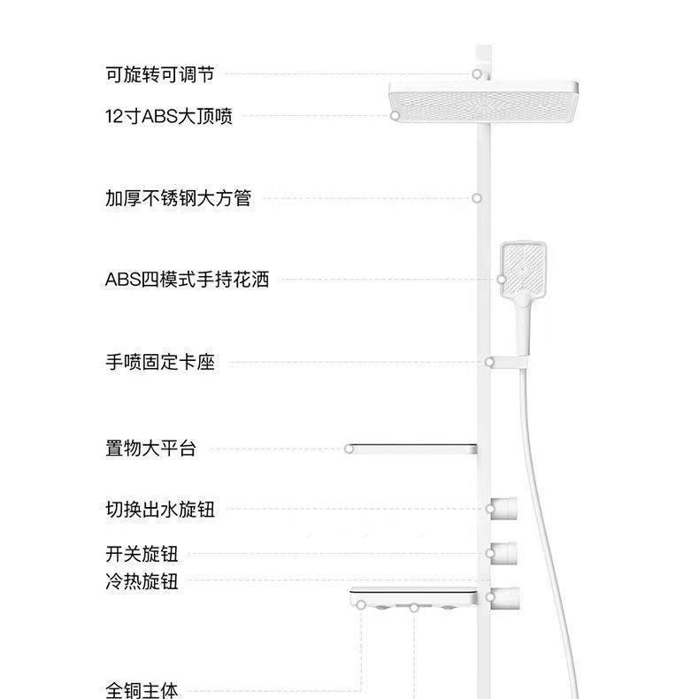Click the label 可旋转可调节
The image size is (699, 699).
tap(159, 75)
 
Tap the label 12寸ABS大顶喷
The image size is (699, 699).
tap(168, 116)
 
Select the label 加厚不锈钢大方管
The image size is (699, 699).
tap(178, 198)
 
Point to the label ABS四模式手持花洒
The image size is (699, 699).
tap(187, 280)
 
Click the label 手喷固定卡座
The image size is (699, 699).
tap(159, 362)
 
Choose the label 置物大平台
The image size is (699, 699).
tap(150, 449)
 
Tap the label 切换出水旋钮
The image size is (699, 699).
tap(159, 510)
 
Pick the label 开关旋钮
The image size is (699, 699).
tap(142, 555)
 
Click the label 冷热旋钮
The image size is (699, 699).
tap(142, 581)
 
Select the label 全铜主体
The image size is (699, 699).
tap(142, 689)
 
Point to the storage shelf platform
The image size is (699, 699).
tap(412, 448)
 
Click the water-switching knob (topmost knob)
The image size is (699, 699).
tap(503, 508)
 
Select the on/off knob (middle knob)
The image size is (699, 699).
tap(503, 553)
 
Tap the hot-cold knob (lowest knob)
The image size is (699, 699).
tap(503, 598)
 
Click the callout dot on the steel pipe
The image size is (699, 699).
tap(476, 198)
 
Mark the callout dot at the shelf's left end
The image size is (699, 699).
tap(349, 449)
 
